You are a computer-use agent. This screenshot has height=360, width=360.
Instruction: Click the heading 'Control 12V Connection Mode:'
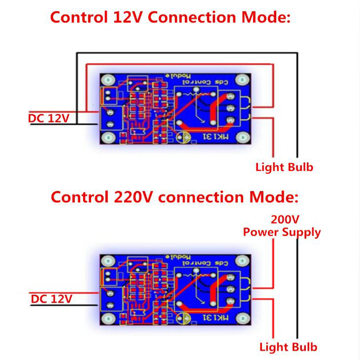click(171, 18)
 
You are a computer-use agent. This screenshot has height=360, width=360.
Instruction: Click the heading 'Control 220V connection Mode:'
click(174, 197)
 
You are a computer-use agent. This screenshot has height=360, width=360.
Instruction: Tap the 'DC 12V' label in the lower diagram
click(51, 298)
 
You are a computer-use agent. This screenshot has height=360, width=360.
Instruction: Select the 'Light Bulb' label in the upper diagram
click(284, 168)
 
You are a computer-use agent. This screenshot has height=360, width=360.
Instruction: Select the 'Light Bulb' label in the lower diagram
click(288, 347)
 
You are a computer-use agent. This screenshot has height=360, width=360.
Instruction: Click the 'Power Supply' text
click(282, 232)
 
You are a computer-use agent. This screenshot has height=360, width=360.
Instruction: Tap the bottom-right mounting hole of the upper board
click(243, 138)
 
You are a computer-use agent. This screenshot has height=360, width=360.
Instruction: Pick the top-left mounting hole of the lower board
click(108, 261)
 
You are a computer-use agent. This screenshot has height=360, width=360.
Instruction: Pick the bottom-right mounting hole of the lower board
click(243, 319)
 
